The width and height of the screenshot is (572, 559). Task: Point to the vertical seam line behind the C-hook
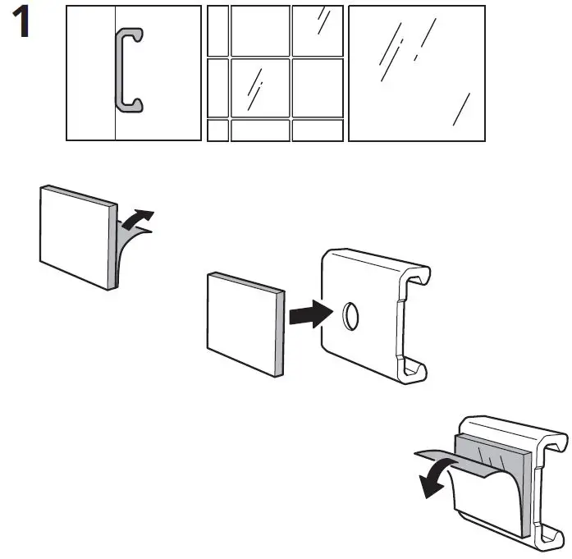115,123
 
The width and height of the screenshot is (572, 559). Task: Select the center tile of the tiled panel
259,87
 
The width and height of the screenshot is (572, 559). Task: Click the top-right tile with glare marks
318,30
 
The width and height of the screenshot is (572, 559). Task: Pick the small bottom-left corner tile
217,131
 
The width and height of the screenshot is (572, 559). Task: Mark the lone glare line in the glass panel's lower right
462,110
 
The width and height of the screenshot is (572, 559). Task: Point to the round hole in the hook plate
348,316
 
